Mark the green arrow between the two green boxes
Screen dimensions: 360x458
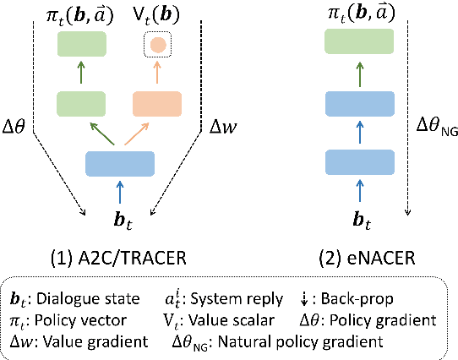(x=83, y=75)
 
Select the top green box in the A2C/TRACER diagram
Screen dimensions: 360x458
(x=83, y=44)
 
